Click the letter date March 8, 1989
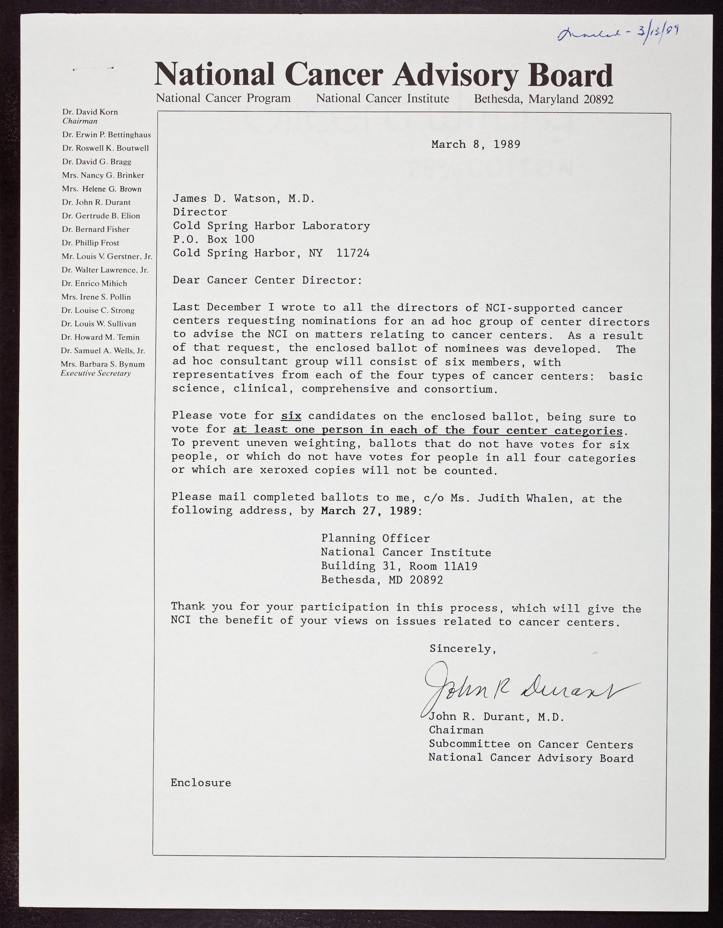[x=475, y=145]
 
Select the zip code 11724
[x=353, y=253]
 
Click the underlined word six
[x=291, y=416]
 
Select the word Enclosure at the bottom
[x=201, y=783]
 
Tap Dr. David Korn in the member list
[x=90, y=112]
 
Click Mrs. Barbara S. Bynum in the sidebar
[x=103, y=364]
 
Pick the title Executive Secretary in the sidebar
[x=96, y=373]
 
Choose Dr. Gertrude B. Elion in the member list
[x=101, y=216]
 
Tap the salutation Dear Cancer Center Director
[x=267, y=280]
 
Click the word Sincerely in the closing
[x=462, y=649]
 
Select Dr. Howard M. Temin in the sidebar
[x=101, y=337]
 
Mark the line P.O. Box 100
[x=213, y=239]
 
